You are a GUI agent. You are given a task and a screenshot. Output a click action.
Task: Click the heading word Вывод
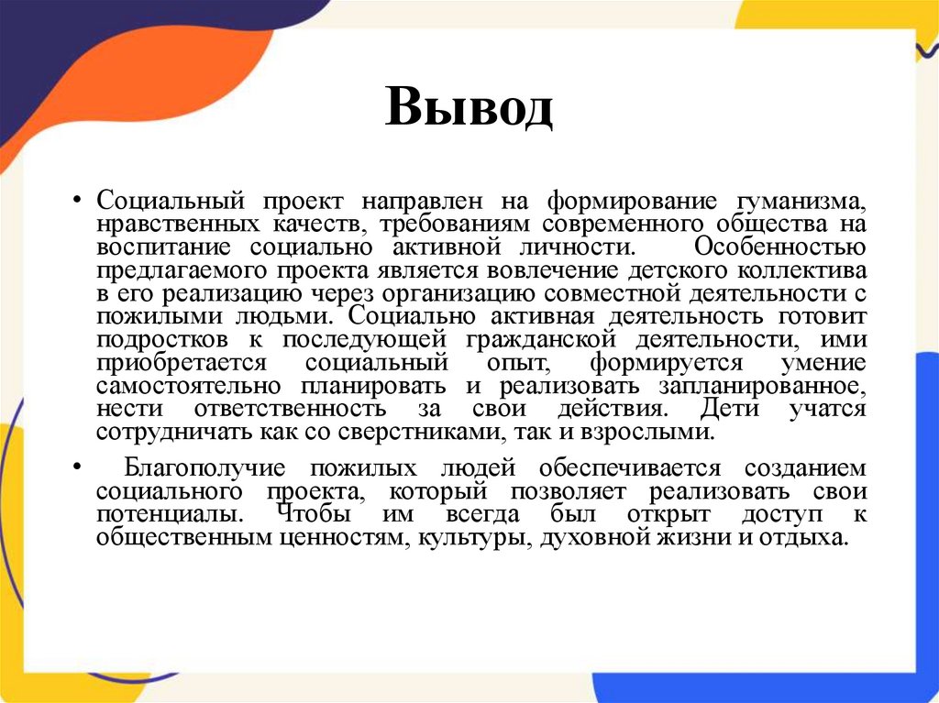click(x=469, y=109)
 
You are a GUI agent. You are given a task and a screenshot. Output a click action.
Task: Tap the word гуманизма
click(x=799, y=200)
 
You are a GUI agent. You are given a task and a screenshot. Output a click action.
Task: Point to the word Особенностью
click(x=779, y=247)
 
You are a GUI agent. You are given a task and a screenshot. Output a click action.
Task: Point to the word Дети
click(x=728, y=408)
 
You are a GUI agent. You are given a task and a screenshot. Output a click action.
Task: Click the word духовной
click(x=592, y=537)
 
